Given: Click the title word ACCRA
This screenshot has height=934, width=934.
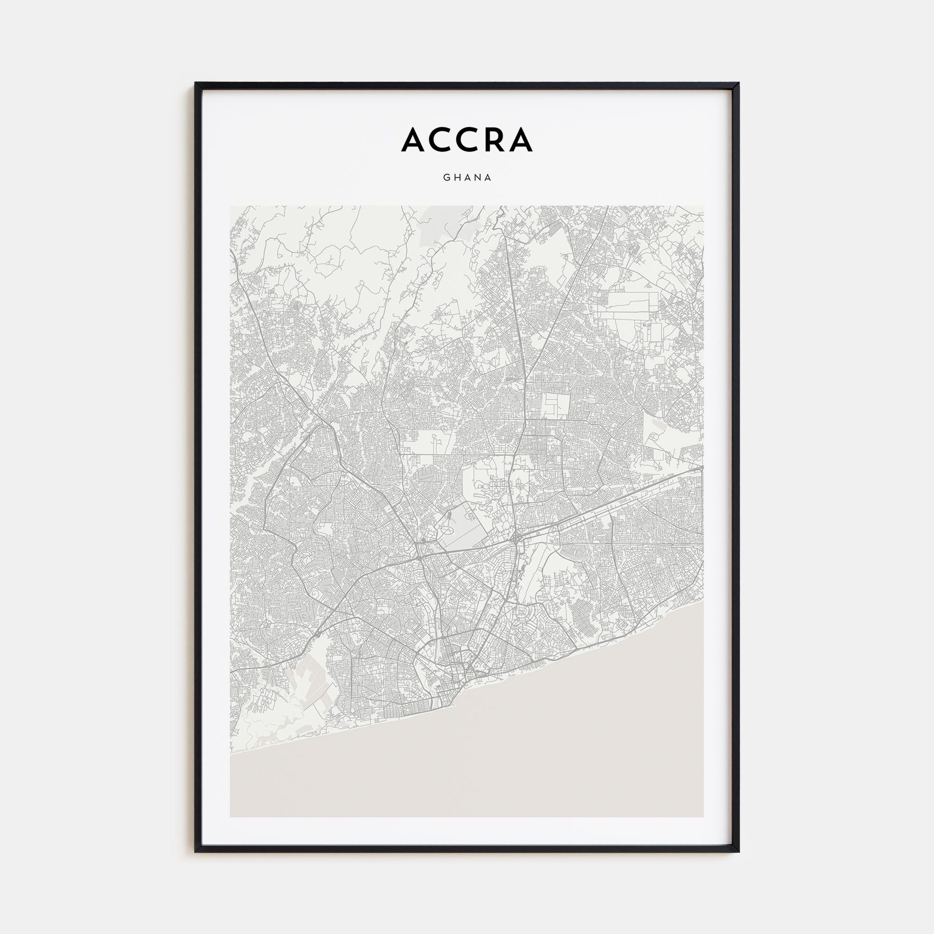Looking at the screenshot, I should [x=467, y=140].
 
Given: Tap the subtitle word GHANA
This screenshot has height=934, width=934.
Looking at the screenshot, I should [x=467, y=177].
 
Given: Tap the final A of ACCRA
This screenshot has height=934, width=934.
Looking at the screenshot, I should [x=520, y=140].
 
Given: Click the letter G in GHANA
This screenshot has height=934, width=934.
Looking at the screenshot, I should [x=446, y=177].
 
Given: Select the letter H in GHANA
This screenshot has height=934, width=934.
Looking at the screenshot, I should [x=456, y=177].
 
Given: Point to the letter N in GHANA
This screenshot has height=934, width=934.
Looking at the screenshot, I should [x=478, y=177].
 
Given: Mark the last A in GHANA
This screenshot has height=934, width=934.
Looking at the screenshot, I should [x=489, y=177].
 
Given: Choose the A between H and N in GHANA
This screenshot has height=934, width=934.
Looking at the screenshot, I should [x=467, y=177].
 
